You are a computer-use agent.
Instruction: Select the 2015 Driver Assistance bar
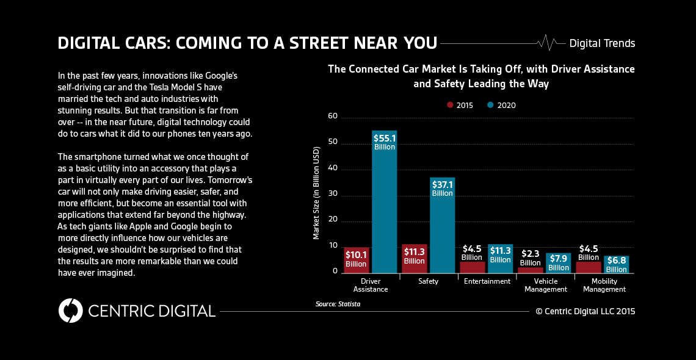coord(356,260)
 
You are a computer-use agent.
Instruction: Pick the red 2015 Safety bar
coord(414,259)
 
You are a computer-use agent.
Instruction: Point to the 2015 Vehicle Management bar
coord(530,270)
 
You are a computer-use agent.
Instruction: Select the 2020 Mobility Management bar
coord(616,265)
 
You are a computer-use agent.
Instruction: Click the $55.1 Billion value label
coord(384,142)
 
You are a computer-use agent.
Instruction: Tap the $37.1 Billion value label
coord(442,189)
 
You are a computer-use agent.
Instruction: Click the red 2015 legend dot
coord(450,105)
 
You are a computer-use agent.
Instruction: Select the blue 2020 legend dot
coord(490,105)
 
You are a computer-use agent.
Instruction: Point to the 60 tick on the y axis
coord(333,117)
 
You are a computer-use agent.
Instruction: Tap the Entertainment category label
coord(487,281)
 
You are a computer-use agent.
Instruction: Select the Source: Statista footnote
coord(338,303)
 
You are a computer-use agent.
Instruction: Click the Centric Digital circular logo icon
coord(70,311)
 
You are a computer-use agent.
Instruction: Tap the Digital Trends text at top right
coord(602,43)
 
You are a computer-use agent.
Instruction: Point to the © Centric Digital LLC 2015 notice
coord(585,311)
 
